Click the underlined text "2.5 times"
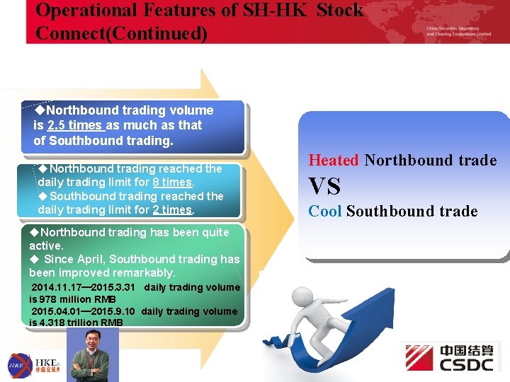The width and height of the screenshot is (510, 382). [x=75, y=125]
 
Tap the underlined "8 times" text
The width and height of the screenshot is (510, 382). [x=172, y=183]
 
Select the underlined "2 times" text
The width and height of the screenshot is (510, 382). [x=172, y=209]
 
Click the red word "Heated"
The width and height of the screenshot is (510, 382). [x=333, y=161]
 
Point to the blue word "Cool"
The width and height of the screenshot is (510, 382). [x=324, y=212]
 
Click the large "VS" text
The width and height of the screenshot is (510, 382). [x=324, y=186]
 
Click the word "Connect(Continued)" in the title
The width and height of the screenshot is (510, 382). [x=121, y=33]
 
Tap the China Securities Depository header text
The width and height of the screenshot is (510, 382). [x=458, y=30]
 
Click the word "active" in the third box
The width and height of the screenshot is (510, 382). [x=45, y=245]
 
